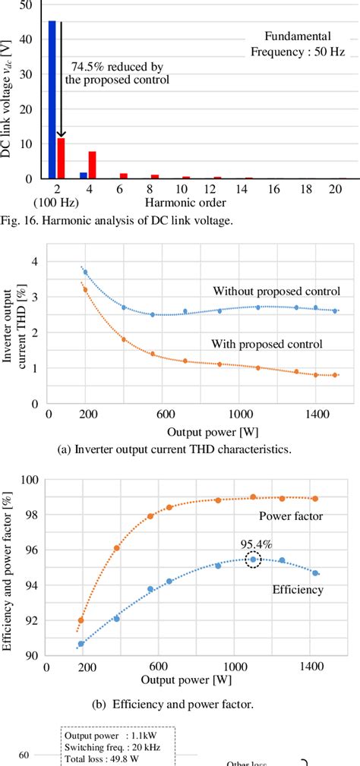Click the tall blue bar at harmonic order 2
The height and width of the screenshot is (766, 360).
tap(52, 99)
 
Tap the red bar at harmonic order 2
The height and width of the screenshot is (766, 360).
tap(61, 158)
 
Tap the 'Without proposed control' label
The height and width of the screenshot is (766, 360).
tap(276, 291)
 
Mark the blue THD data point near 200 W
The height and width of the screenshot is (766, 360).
tap(85, 272)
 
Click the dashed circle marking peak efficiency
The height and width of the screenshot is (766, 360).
tap(253, 560)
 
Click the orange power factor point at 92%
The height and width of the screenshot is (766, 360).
tap(81, 619)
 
